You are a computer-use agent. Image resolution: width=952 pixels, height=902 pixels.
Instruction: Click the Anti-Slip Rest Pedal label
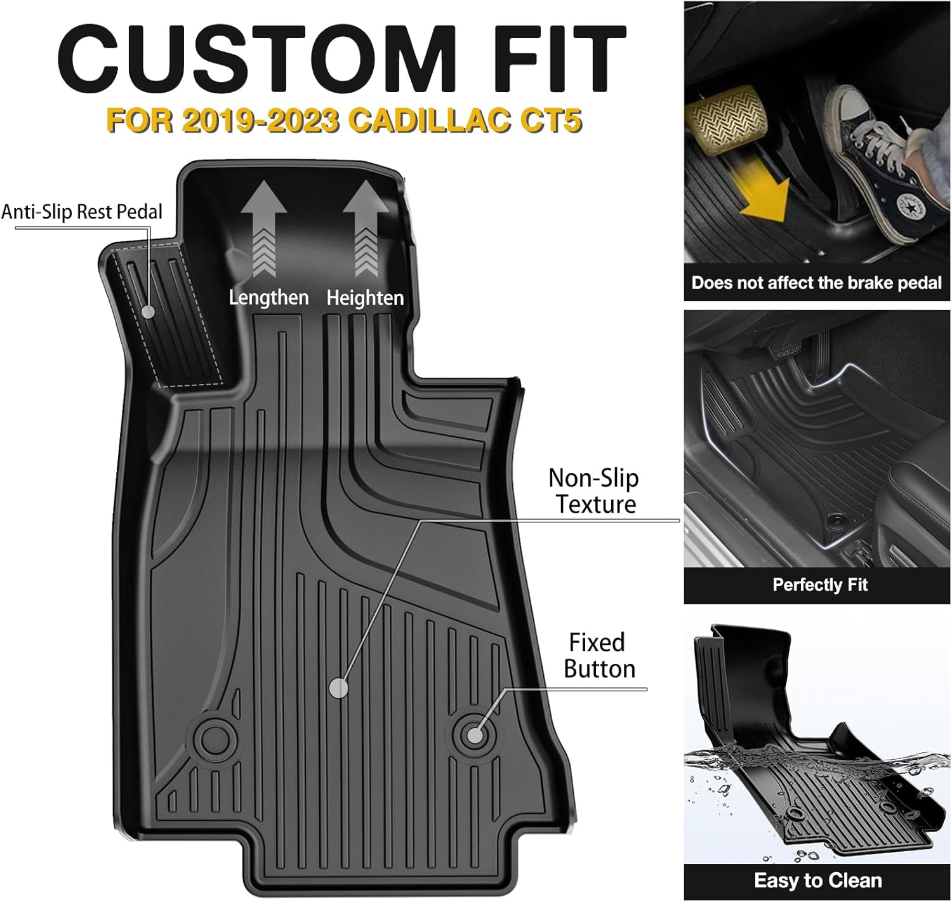click(x=82, y=212)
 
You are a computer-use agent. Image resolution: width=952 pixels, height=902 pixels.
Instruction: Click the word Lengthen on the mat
click(x=268, y=297)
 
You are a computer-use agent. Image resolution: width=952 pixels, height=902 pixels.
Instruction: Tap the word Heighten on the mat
click(x=365, y=297)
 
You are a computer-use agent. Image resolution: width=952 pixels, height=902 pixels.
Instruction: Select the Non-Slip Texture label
click(x=593, y=491)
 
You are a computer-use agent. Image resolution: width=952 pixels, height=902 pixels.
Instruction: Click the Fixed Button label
click(x=598, y=656)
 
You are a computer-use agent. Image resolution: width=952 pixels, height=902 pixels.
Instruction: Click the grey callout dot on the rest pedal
click(x=149, y=312)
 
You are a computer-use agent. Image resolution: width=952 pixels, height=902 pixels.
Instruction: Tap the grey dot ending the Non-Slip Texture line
click(x=340, y=687)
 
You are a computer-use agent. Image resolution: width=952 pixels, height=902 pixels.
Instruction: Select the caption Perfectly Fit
click(x=819, y=585)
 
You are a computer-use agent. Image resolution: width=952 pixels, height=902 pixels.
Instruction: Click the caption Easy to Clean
click(x=817, y=880)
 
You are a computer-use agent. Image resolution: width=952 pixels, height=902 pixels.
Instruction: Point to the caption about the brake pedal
click(x=816, y=282)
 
